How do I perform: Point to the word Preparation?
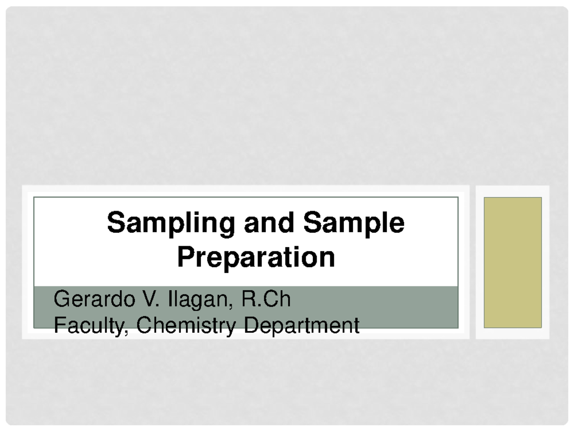(x=256, y=258)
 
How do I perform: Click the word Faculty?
(x=91, y=326)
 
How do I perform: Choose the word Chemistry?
(x=187, y=326)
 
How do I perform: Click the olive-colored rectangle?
(x=513, y=262)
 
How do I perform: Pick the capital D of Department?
(x=250, y=326)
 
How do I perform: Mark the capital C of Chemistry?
(x=143, y=326)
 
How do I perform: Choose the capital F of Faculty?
(x=58, y=326)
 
